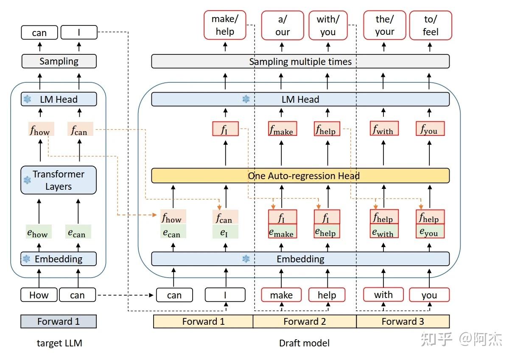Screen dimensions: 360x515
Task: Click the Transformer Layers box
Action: click(59, 180)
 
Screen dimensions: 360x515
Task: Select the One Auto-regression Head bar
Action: click(300, 176)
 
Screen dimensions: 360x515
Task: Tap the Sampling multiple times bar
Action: click(300, 62)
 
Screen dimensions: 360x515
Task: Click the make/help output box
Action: click(225, 25)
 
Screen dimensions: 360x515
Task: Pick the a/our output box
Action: click(283, 25)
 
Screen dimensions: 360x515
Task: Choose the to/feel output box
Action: click(430, 25)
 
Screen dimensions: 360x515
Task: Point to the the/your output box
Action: click(384, 25)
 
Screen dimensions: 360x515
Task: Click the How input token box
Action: click(39, 295)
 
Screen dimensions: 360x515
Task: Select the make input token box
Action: click(281, 295)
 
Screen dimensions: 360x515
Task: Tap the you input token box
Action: click(429, 295)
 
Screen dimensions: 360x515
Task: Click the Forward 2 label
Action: click(305, 321)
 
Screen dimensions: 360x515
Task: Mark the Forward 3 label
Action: click(403, 321)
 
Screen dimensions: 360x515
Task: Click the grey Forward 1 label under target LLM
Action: click(59, 321)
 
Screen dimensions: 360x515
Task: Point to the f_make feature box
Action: click(283, 129)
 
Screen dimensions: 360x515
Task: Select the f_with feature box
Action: click(384, 129)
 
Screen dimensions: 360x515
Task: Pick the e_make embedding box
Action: click(282, 232)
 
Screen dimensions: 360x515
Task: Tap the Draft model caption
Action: click(304, 343)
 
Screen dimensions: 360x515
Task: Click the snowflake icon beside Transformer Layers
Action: click(27, 180)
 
